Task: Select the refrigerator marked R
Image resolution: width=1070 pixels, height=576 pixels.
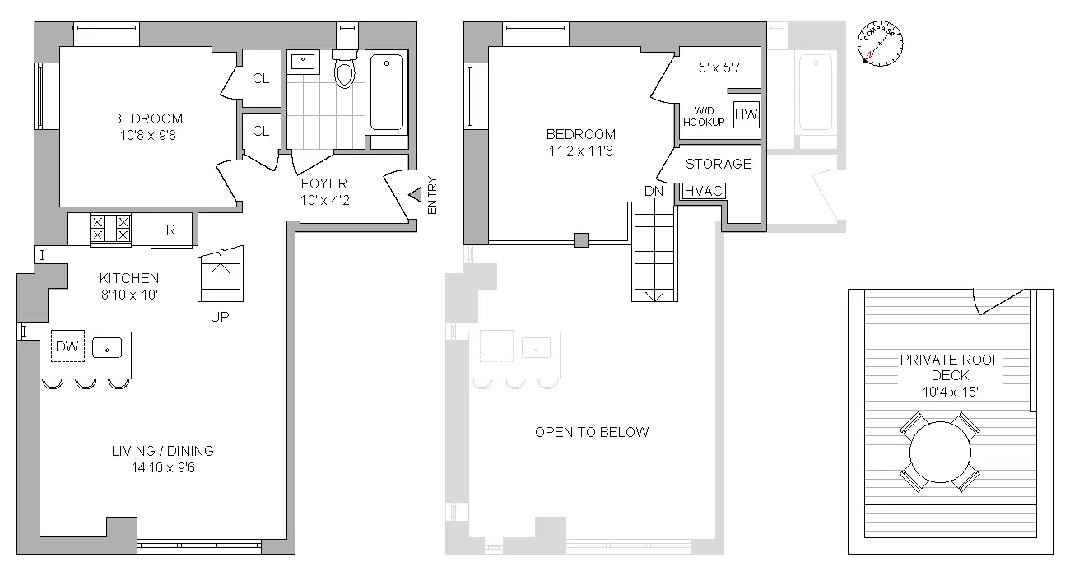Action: tap(170, 230)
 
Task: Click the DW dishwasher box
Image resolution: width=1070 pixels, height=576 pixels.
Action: tap(67, 347)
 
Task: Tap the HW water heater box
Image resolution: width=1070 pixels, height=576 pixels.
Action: tap(746, 114)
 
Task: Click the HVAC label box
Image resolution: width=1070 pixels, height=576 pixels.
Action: tap(704, 191)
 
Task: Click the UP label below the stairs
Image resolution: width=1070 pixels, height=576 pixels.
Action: tap(220, 316)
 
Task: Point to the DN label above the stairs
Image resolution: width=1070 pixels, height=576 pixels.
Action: tap(654, 191)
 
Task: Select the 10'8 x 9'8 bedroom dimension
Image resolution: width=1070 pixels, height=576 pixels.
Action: tap(147, 134)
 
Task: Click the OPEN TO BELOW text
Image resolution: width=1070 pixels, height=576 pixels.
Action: tap(591, 432)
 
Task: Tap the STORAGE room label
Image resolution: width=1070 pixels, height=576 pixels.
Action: tap(719, 164)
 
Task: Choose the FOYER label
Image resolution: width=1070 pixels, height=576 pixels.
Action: tap(323, 183)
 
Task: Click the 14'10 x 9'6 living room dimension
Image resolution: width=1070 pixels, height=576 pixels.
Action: tap(162, 467)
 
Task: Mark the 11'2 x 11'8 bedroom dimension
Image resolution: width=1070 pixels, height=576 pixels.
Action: tap(580, 151)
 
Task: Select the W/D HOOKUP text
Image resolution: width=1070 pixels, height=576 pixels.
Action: tap(704, 116)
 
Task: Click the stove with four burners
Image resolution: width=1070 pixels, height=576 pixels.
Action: tap(110, 229)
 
